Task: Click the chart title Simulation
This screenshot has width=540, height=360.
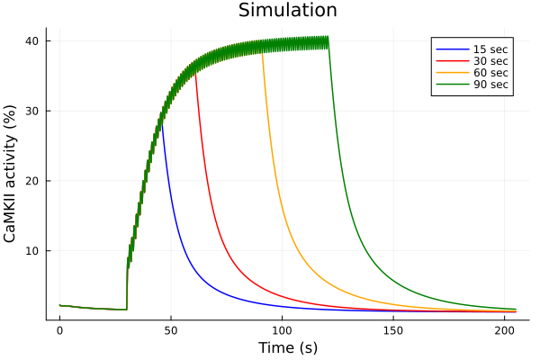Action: (288, 11)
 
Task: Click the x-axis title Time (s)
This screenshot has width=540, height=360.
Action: (288, 347)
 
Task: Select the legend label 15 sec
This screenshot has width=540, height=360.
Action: (490, 48)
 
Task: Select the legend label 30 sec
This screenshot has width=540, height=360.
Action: (490, 60)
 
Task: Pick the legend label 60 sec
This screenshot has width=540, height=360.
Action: (490, 73)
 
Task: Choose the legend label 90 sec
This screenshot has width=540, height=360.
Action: (490, 85)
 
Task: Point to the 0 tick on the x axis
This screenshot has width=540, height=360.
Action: (59, 330)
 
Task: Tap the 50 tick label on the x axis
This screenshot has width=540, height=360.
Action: (171, 330)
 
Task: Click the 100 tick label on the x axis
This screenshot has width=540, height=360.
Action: (283, 330)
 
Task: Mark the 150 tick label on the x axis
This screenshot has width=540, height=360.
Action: (394, 330)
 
